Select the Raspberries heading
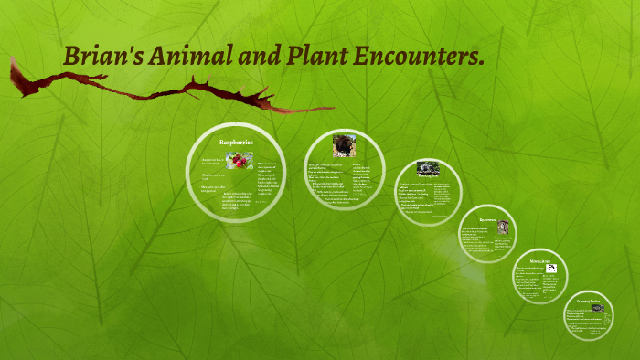236,143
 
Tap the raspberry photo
240,161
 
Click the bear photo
344,145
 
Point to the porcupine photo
428,169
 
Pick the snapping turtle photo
597,309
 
